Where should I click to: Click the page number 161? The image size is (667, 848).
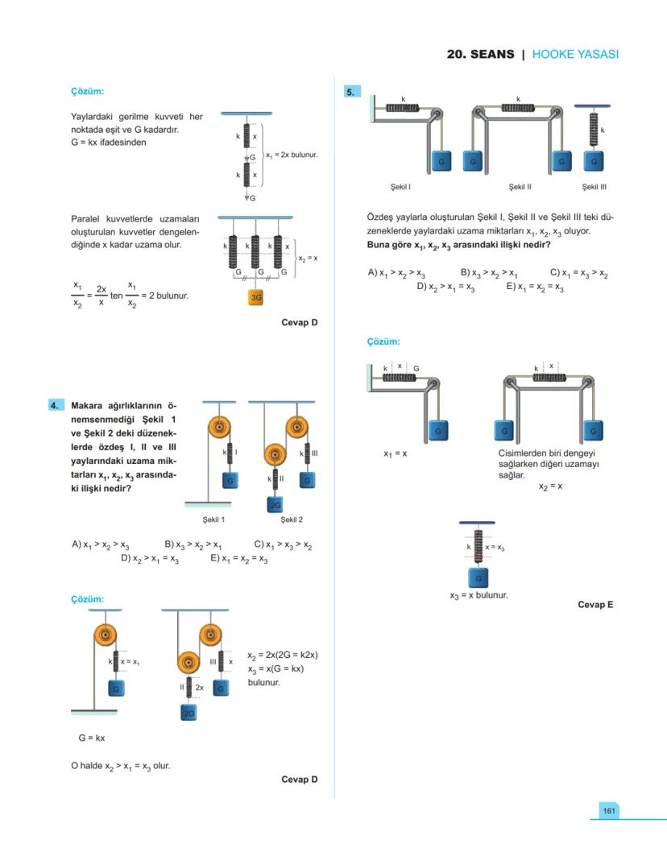coord(609,810)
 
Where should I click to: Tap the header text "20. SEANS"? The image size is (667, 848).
coord(480,55)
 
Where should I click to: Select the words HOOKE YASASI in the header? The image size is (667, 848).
coord(575,55)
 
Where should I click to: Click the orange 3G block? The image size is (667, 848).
coord(256,297)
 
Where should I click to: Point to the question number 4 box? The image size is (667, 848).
coord(55,406)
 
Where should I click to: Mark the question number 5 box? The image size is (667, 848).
coord(350,92)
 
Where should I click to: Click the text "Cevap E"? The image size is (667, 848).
coord(595,604)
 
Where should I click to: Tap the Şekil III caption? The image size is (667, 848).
coord(594,187)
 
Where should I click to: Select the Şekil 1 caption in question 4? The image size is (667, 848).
coord(213,519)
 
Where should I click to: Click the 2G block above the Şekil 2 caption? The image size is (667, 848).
coord(275,504)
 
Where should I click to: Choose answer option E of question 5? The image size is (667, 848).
coord(535,287)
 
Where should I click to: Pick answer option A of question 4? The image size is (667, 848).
coord(101,545)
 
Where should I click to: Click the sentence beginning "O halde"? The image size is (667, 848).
coord(120,765)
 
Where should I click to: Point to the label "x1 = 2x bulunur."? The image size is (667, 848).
coord(292,155)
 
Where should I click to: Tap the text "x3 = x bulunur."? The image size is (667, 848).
coord(478,596)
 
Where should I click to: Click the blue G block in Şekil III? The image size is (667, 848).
coord(594,161)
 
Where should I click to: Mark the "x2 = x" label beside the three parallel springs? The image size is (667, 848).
coord(308,259)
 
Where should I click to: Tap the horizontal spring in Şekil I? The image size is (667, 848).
coord(402,108)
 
